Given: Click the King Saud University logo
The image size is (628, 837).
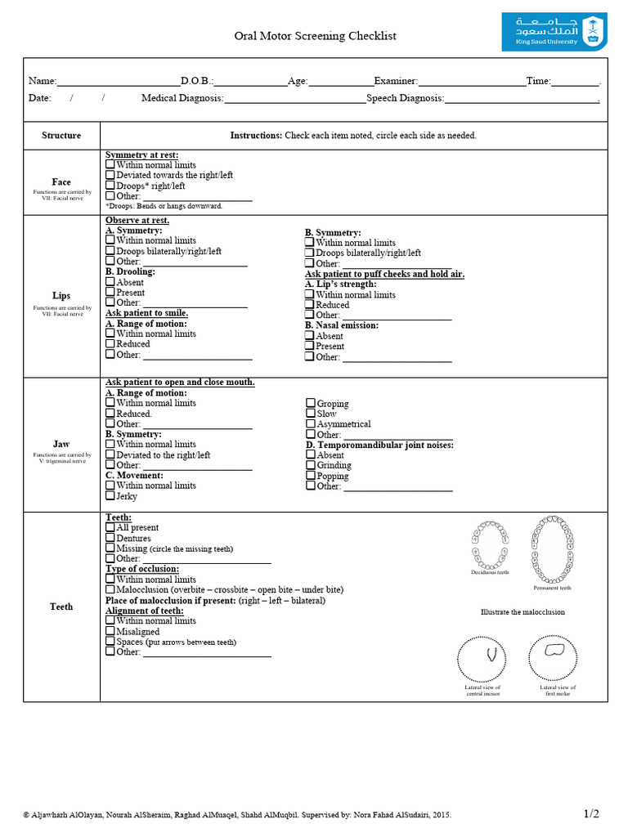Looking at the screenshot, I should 554,32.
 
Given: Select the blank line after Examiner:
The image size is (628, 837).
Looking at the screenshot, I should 472,81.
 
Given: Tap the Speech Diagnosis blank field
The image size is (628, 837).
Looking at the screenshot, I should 521,98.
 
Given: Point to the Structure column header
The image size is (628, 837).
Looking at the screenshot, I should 61,135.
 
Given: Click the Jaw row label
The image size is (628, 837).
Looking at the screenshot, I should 61,444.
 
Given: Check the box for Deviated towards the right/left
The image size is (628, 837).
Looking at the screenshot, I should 110,175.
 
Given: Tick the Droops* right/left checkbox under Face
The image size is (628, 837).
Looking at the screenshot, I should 110,186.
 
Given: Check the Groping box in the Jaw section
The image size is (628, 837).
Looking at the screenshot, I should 311,403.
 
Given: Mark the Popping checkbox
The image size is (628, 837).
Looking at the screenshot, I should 311,476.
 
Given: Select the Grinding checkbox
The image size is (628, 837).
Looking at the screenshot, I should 311,465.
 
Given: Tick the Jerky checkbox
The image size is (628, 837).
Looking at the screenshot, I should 110,496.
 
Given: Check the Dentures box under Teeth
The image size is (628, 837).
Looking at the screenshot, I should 110,539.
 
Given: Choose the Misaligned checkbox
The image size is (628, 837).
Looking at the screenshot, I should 110,632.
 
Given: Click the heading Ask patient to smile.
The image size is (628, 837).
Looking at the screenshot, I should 146,313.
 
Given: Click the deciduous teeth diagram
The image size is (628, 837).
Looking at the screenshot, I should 489,545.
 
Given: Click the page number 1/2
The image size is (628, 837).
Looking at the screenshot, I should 591,813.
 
